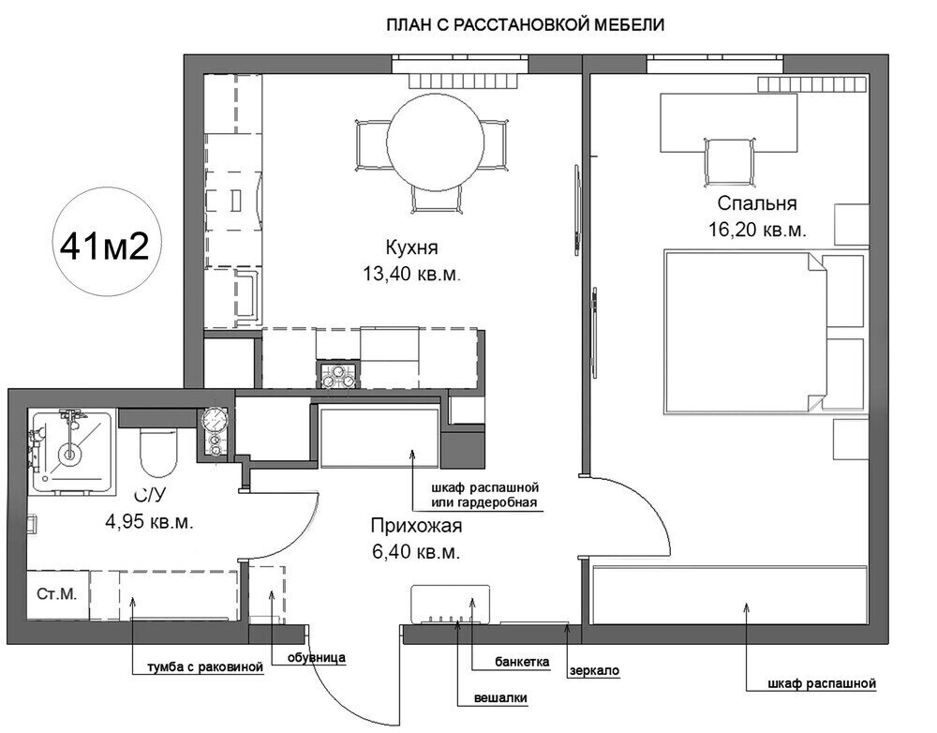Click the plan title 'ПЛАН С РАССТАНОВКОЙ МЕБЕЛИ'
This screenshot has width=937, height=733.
point(526,25)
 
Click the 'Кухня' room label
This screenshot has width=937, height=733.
point(411,247)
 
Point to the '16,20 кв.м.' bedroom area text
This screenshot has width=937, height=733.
point(757,230)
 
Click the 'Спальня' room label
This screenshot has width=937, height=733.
point(757,203)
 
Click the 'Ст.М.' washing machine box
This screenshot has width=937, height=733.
point(57,594)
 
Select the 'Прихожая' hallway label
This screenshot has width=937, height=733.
point(417,527)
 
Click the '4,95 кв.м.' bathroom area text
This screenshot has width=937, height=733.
point(149,521)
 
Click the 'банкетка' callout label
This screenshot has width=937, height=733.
point(522,662)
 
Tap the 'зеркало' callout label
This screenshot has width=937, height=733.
point(594,671)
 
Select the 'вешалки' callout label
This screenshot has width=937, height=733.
point(500,697)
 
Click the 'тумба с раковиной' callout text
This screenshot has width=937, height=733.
point(205,666)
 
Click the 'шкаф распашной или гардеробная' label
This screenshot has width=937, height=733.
point(484,494)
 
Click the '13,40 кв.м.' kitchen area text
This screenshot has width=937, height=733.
point(411,275)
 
